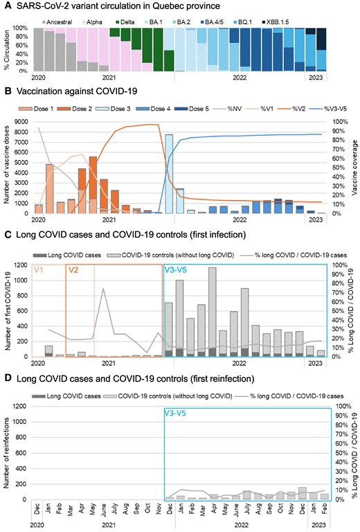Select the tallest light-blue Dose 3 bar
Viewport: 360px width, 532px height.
(169, 173)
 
